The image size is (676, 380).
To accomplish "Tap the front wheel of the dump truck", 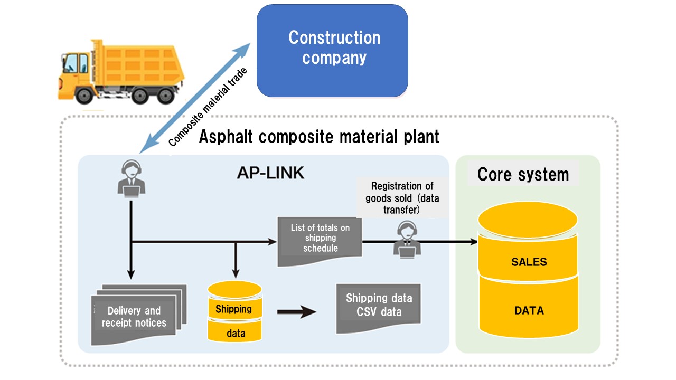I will pos(84,94).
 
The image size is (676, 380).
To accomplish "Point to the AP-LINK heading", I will pos(270,173).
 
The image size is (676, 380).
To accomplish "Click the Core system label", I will pos(523,174).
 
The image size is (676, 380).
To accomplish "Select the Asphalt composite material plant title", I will pos(319,137).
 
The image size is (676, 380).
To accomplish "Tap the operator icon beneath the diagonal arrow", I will pos(131,178).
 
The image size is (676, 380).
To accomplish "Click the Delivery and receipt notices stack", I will pos(138,316).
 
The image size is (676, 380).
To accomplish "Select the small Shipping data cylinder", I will pos(234,311).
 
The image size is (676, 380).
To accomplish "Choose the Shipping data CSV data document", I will pos(379,306).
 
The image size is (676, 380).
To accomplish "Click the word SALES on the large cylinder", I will pos(529,262).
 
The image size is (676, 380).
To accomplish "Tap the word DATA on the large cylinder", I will pos(529,311).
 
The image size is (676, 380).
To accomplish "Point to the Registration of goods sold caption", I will pos(402,198).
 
